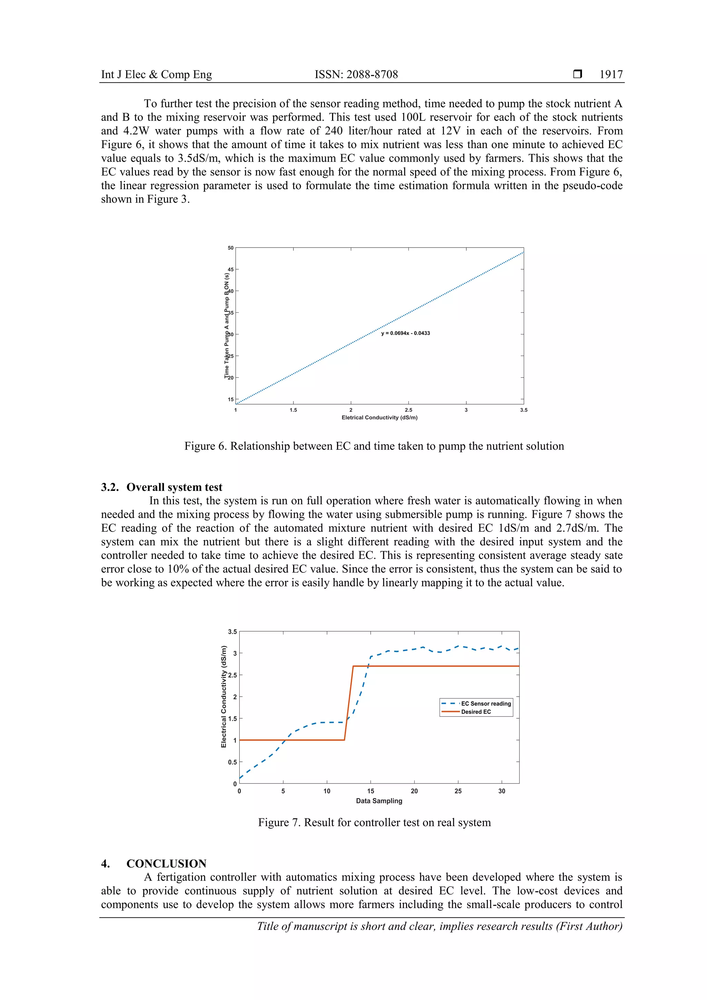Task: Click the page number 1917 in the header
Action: (611, 75)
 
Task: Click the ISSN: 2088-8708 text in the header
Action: (356, 75)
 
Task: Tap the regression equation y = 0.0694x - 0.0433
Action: (405, 333)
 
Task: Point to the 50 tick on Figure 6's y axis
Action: (231, 248)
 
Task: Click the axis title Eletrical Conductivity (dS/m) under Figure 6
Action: (379, 418)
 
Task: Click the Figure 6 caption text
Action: (374, 446)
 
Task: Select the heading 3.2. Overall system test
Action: (162, 487)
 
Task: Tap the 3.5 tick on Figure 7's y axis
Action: (232, 632)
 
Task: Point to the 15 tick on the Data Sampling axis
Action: (370, 791)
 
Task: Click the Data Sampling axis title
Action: (379, 800)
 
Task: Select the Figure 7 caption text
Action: (374, 822)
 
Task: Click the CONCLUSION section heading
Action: (166, 863)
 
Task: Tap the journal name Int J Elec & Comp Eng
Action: (156, 75)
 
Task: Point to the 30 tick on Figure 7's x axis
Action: (501, 791)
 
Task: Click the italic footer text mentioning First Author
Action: (439, 926)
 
